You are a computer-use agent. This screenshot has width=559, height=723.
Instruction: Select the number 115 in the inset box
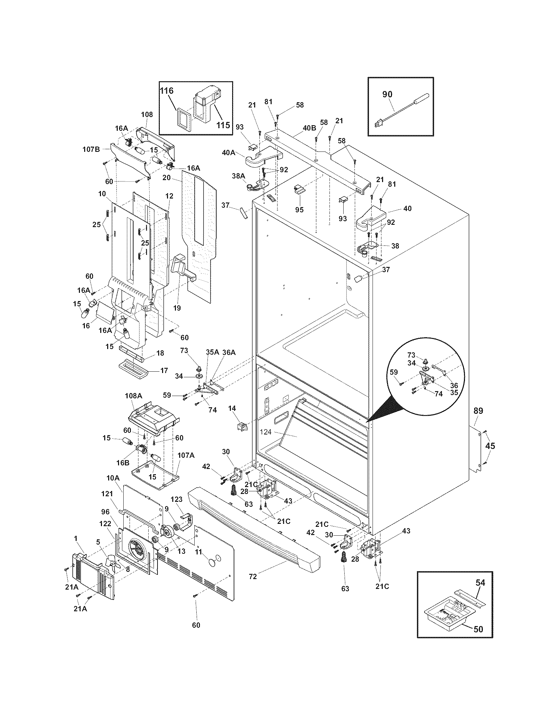point(223,126)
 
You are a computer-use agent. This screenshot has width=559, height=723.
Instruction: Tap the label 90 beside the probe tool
point(387,94)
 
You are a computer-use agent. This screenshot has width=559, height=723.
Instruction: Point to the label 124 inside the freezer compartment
point(266,432)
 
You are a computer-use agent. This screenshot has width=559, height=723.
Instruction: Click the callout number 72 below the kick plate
point(253,576)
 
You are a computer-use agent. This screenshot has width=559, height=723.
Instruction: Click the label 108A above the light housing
point(134,396)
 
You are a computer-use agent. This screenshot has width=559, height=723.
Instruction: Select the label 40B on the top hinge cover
point(309,128)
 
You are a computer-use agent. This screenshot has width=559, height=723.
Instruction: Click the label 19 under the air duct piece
point(177,308)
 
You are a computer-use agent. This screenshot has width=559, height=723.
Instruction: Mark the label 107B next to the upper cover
point(91,149)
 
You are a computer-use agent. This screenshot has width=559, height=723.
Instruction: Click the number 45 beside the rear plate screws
point(490,446)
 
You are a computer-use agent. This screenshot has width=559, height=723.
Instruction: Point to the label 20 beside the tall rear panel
point(167,178)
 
